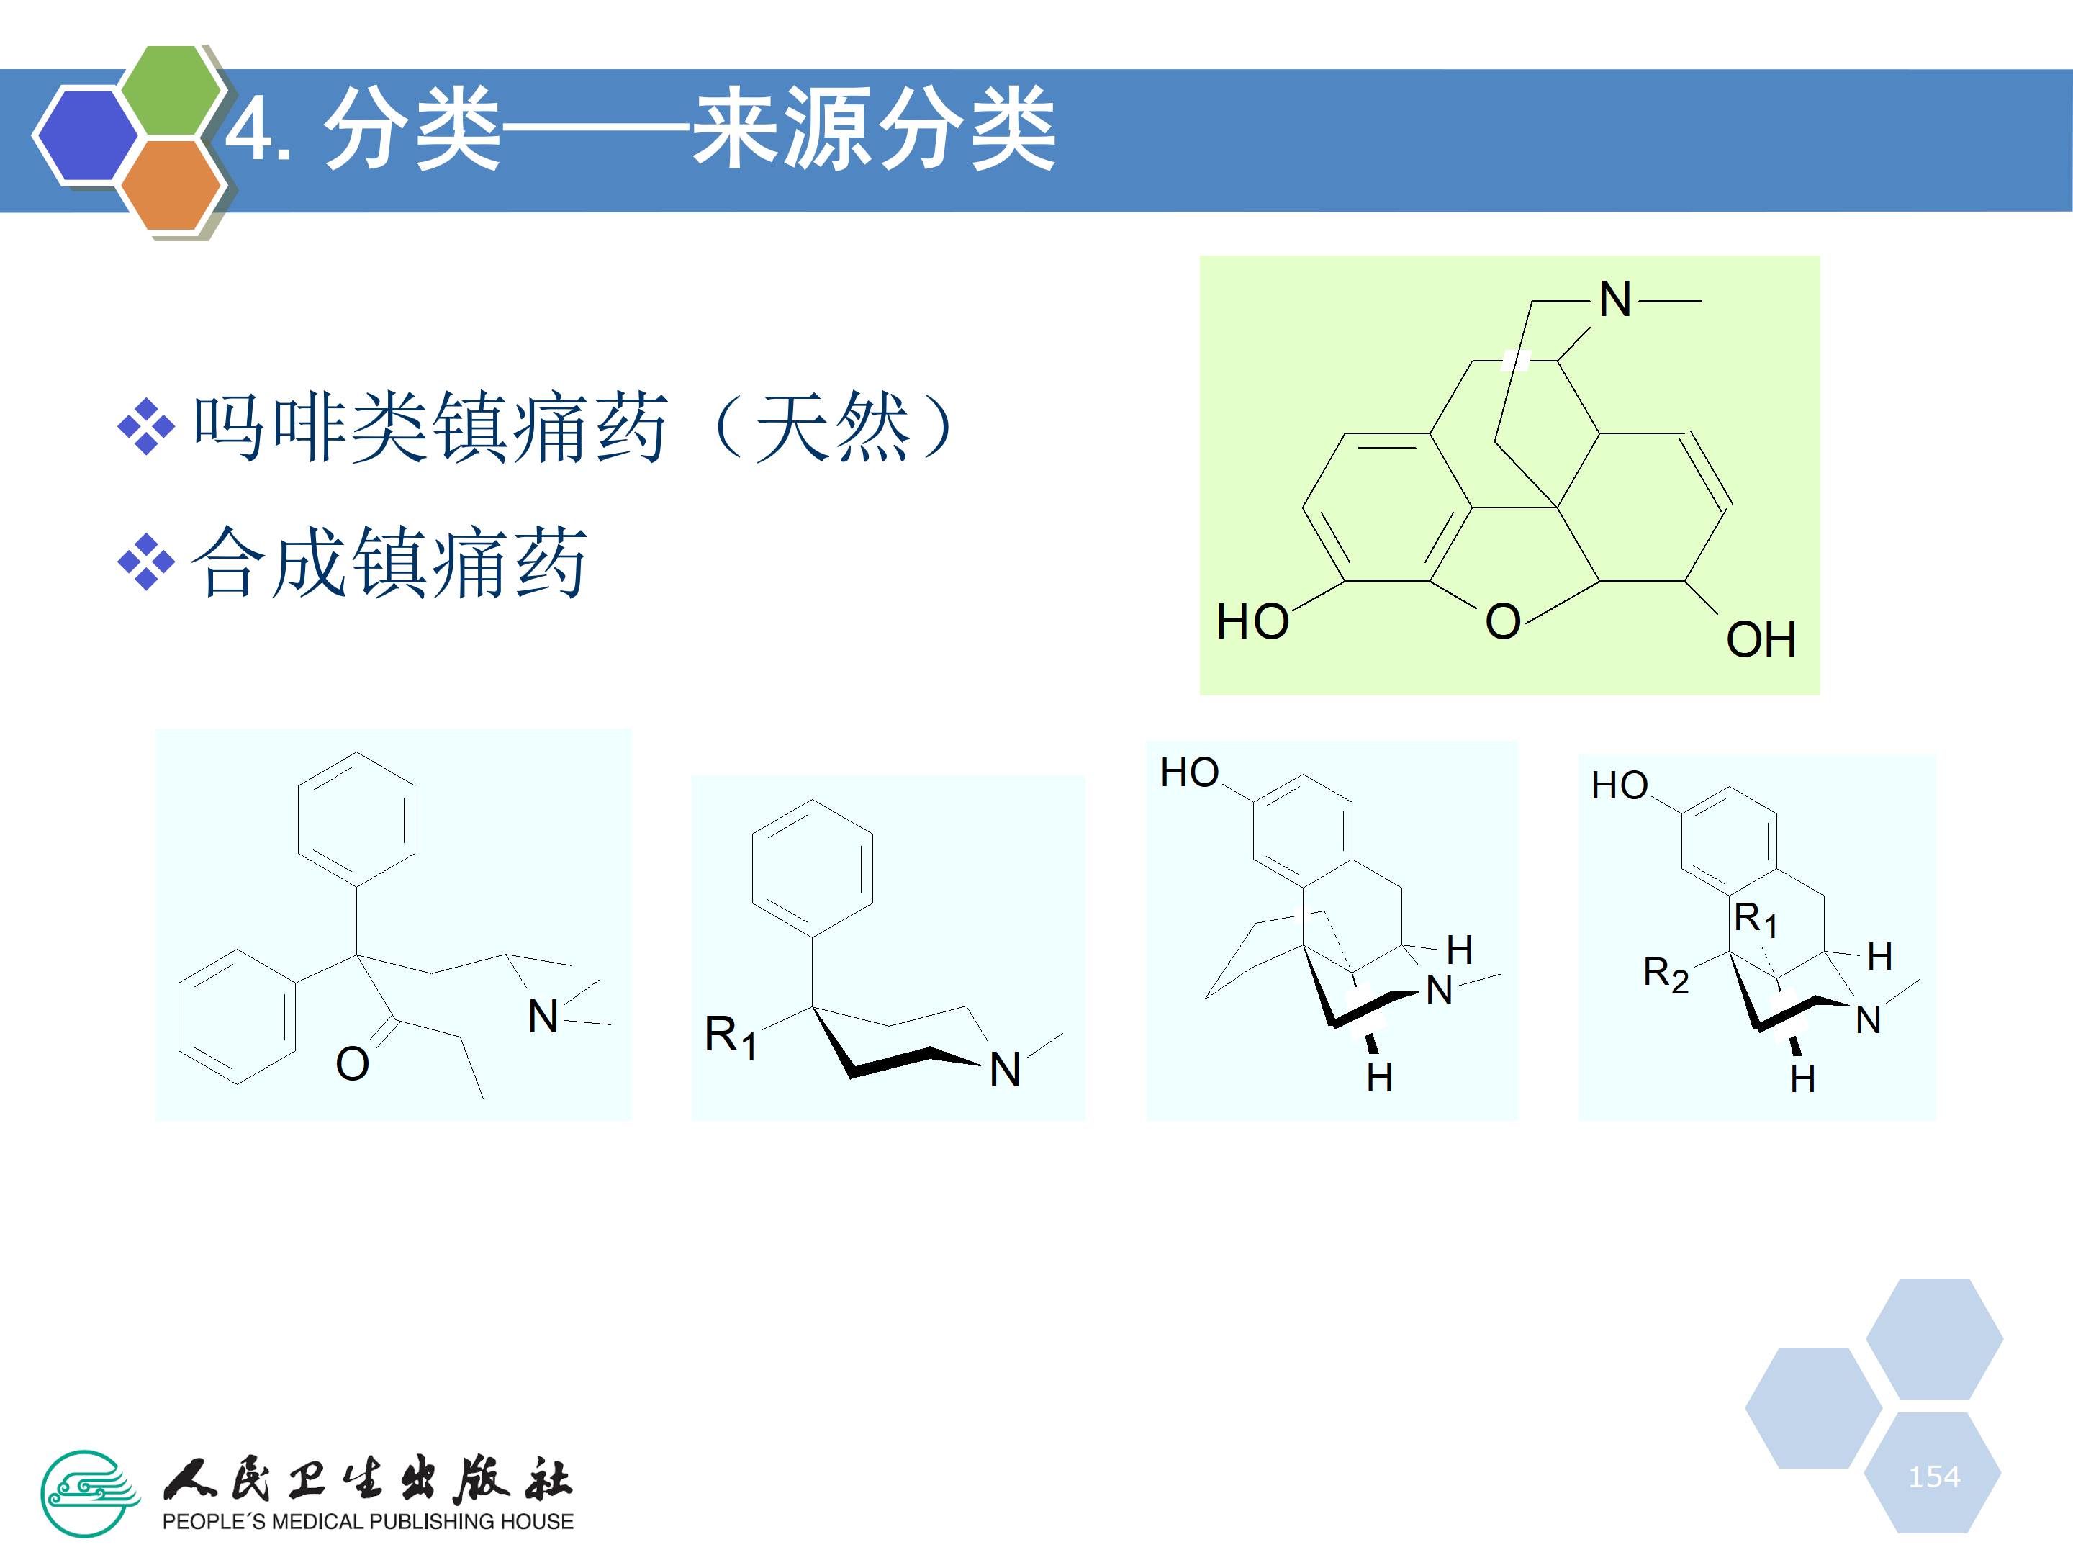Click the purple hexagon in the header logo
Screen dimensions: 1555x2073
click(x=86, y=134)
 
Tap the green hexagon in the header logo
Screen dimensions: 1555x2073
click(x=171, y=90)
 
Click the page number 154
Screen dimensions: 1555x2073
click(x=1933, y=1477)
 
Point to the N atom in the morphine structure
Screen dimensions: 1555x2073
click(x=1614, y=300)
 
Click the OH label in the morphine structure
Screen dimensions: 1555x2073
click(x=1761, y=640)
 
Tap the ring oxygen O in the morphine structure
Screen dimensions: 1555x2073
click(x=1502, y=621)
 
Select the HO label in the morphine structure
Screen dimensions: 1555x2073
click(x=1252, y=621)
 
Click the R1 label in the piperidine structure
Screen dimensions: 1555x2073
click(x=730, y=1037)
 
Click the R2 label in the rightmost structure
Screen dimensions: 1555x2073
click(x=1666, y=975)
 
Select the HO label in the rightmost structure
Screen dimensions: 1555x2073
click(x=1620, y=785)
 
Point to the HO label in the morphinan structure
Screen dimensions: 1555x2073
click(x=1189, y=773)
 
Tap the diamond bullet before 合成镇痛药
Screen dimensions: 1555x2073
click(x=146, y=562)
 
